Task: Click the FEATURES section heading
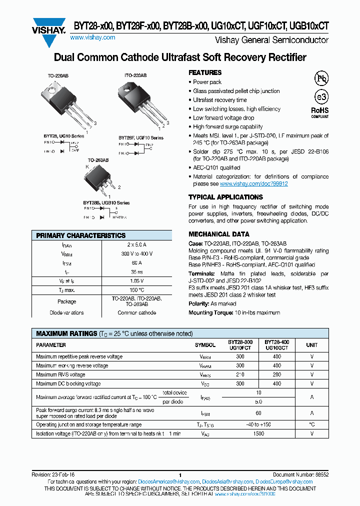point(205,72)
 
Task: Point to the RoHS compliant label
point(320,112)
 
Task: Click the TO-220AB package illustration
point(64,105)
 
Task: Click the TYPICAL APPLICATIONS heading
point(225,197)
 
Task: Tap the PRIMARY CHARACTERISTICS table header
point(81,235)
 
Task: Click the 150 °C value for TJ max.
point(136,290)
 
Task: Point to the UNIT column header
point(311,345)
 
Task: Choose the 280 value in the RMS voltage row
point(276,374)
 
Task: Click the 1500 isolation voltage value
point(258,433)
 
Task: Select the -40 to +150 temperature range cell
point(258,424)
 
